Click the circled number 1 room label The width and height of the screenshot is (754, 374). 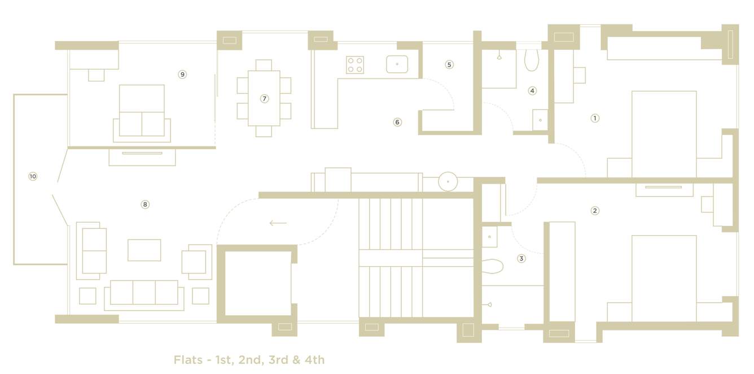click(594, 118)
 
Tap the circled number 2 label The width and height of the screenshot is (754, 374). click(594, 211)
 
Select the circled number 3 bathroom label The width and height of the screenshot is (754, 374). click(521, 258)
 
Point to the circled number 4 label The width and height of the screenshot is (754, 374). click(532, 90)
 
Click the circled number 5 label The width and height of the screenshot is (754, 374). click(449, 64)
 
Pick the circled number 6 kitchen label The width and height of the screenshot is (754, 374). click(397, 122)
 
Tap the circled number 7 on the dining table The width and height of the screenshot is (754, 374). click(264, 98)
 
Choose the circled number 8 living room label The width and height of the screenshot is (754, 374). click(145, 204)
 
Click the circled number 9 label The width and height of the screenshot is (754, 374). click(182, 74)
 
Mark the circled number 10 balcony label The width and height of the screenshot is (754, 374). click(33, 176)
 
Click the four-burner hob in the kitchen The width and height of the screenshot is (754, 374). click(355, 65)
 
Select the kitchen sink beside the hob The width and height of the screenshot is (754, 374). click(397, 64)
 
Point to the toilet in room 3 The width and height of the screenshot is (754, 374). click(493, 266)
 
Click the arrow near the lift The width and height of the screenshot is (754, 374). click(278, 223)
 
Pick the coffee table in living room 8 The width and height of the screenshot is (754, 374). click(144, 250)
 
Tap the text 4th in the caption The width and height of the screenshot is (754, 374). click(313, 360)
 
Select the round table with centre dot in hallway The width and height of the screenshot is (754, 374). click(448, 181)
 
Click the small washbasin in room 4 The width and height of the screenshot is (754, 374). click(540, 120)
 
